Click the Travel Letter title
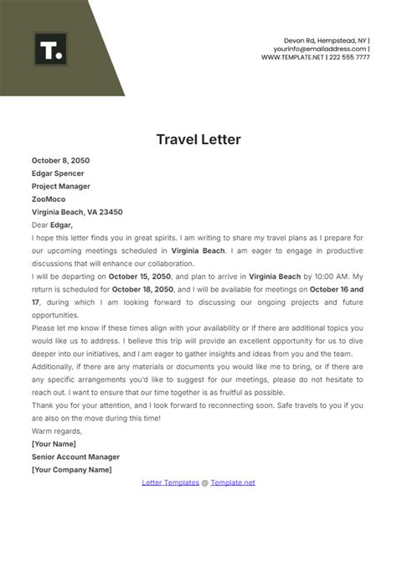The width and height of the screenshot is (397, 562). click(x=198, y=139)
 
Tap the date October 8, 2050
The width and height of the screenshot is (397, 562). click(x=60, y=160)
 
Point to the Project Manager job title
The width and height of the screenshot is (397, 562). click(x=60, y=186)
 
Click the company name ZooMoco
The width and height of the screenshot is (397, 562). click(x=49, y=199)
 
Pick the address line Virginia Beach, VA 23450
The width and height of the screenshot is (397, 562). click(x=77, y=212)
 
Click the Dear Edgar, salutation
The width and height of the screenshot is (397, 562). click(x=52, y=224)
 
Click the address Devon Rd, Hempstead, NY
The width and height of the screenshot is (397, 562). click(x=326, y=39)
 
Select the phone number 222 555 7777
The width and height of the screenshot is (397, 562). click(x=350, y=58)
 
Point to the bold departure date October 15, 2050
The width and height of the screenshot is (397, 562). click(x=140, y=276)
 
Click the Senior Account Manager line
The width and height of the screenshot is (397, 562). click(x=75, y=456)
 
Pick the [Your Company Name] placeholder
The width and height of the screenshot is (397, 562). click(x=71, y=470)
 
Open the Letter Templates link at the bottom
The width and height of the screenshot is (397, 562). click(x=170, y=482)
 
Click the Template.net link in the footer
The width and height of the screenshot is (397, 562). click(x=233, y=482)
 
